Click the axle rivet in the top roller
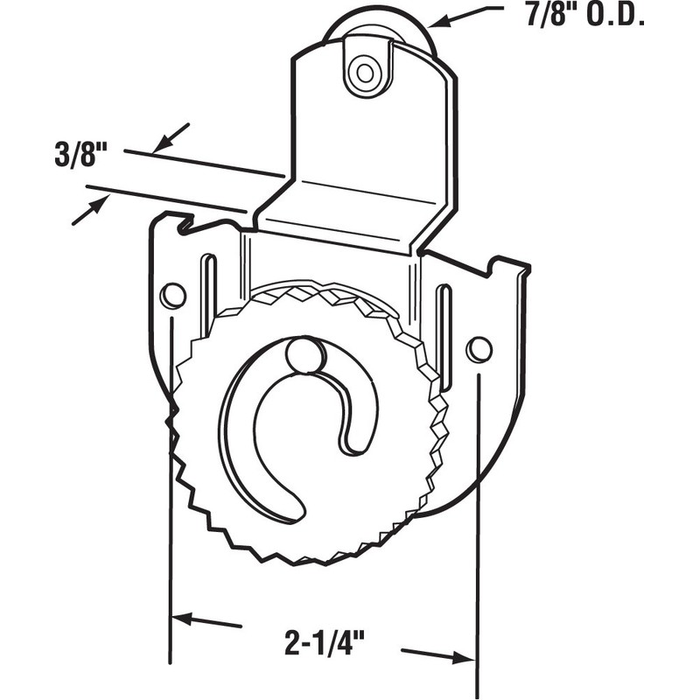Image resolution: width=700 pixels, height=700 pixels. (x=360, y=70)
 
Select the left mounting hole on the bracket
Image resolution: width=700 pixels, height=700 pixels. (x=173, y=296)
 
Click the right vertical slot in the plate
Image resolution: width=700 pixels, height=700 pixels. (x=444, y=337)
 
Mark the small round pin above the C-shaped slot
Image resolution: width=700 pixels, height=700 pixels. (x=302, y=354)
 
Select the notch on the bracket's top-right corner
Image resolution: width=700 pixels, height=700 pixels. (x=496, y=262)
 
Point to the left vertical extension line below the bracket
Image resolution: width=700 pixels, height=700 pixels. (x=169, y=525)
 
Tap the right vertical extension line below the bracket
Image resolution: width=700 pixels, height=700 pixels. (x=478, y=542)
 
